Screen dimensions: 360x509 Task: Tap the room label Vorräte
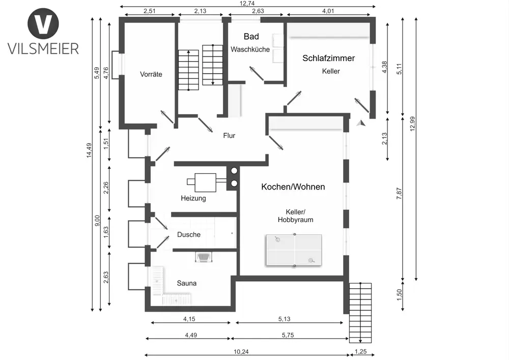tap(151, 74)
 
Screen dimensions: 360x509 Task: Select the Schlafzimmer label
tap(328, 59)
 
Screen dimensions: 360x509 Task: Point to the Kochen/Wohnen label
tap(293, 187)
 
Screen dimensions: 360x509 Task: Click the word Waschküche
tap(250, 49)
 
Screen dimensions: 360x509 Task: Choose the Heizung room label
tap(193, 198)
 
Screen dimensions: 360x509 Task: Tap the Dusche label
tap(189, 235)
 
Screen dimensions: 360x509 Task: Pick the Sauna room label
tap(187, 283)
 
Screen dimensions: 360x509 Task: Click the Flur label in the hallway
tap(229, 135)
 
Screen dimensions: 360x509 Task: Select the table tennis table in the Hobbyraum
tap(294, 250)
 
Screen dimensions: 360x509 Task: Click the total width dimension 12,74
tap(247, 4)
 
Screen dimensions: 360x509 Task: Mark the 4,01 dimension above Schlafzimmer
tap(330, 11)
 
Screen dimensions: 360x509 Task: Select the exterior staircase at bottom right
tap(361, 312)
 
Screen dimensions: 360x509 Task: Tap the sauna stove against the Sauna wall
tap(204, 257)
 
